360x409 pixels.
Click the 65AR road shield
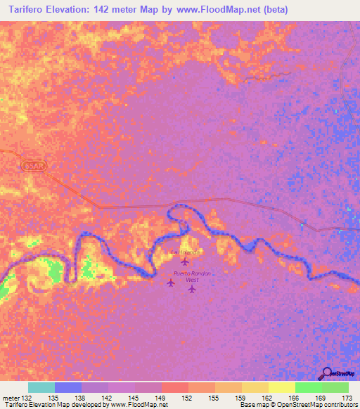32,165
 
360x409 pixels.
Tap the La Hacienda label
186,252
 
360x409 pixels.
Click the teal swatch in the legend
41,387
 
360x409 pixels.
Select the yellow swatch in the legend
282,387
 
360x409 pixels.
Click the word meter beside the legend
11,397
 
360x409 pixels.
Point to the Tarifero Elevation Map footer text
84,405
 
